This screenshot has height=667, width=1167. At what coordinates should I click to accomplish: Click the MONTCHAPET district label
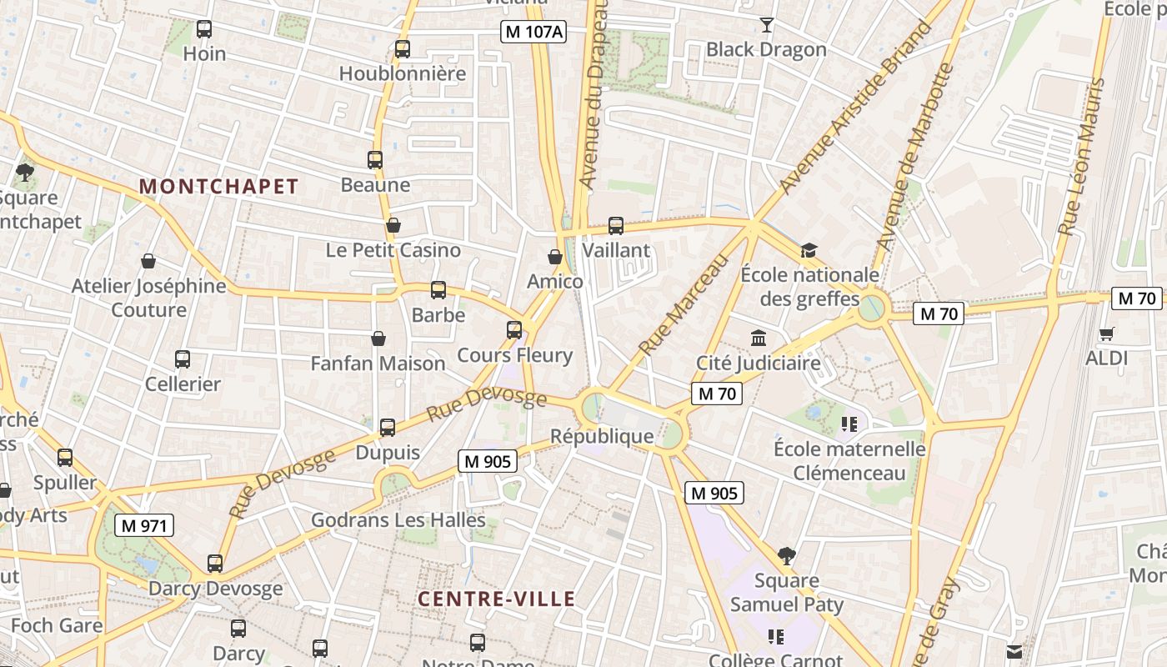pos(218,187)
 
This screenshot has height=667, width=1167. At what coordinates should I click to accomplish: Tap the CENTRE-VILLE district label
pos(496,599)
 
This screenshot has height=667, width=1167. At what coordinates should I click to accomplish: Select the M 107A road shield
pos(533,33)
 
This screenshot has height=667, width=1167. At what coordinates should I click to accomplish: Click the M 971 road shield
pos(144,526)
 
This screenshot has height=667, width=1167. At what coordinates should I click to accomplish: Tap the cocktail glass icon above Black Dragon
pos(766,25)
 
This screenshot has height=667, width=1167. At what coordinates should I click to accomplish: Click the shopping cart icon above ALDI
pos(1106,334)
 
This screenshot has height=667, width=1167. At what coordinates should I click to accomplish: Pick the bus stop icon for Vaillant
pos(616,226)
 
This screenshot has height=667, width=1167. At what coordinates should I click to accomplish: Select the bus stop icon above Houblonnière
pos(403,49)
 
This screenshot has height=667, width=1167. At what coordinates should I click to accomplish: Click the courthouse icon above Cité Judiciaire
pos(759,339)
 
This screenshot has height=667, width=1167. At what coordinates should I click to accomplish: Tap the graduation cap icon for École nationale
pos(808,250)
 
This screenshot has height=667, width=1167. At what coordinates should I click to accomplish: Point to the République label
pos(602,436)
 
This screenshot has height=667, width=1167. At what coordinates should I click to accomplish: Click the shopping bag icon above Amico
pos(555,257)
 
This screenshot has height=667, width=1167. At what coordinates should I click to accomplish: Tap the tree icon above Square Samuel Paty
pos(786,555)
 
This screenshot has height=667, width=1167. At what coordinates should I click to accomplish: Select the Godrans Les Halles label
pos(398,520)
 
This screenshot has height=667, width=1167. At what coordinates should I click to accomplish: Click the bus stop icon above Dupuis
pos(388,428)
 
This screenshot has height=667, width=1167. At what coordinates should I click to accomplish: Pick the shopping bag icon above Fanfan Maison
pos(378,339)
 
